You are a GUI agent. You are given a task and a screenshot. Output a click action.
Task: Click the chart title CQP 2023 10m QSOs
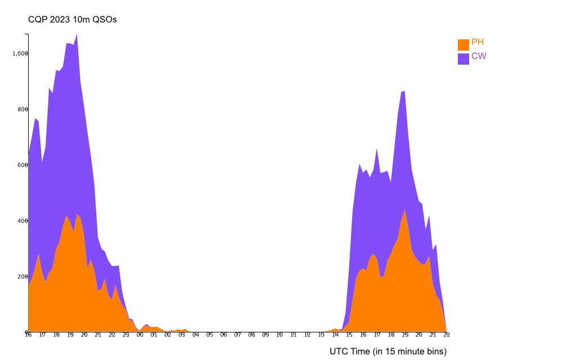73,20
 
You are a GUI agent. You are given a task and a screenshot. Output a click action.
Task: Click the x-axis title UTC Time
388,352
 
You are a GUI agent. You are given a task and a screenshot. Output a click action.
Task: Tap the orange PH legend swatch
463,44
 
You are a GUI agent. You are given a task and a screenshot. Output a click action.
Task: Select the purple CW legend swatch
463,58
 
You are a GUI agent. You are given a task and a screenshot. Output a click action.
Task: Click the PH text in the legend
478,42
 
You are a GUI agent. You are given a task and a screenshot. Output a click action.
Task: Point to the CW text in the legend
479,56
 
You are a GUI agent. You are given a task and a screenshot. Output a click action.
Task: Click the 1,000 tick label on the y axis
20,53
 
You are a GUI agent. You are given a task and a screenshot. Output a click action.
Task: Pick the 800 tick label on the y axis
22,109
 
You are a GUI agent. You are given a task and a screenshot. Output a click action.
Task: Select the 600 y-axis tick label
22,165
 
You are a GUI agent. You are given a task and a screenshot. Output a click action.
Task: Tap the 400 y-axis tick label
22,220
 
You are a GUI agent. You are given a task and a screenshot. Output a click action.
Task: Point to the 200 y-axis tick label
22,276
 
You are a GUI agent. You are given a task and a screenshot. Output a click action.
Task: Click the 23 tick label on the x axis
126,335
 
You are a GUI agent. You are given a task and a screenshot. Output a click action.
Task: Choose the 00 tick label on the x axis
140,335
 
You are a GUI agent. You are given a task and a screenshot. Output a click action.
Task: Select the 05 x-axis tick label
210,335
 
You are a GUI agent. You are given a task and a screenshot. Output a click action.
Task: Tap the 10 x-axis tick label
280,335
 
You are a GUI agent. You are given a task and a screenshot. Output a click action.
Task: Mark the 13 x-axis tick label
321,335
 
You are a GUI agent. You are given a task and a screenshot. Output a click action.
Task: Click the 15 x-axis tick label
349,335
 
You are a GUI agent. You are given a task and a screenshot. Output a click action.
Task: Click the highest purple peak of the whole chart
76,34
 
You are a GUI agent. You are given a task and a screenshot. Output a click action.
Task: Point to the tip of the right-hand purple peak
404,91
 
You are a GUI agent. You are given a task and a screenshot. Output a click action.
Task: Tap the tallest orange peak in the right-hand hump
404,210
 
